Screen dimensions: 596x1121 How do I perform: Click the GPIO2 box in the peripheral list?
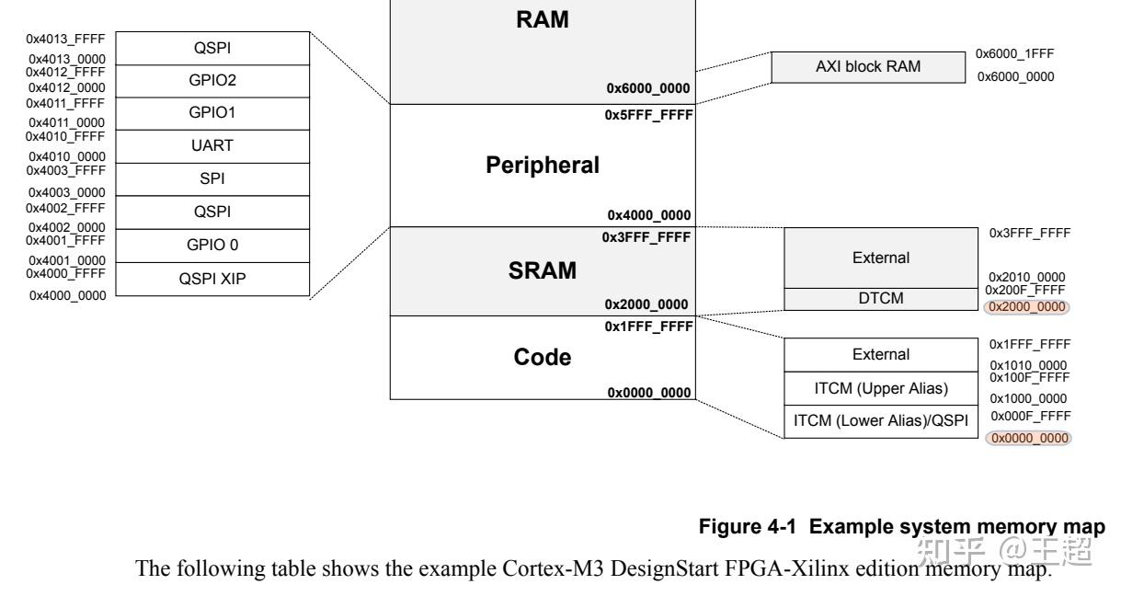213,80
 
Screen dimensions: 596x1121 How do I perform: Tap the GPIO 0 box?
213,245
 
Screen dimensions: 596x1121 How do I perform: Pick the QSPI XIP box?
213,279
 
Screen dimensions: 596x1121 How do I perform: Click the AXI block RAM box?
868,68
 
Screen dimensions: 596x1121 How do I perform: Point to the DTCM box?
880,298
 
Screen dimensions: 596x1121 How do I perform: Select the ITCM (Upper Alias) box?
880,388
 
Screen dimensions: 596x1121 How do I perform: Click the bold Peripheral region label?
543,166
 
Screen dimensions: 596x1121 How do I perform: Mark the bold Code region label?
543,358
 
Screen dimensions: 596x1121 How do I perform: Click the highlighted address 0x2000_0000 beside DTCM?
1027,307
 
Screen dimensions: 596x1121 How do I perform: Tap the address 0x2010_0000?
1028,276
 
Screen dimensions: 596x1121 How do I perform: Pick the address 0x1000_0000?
1028,398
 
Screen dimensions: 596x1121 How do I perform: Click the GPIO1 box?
213,113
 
